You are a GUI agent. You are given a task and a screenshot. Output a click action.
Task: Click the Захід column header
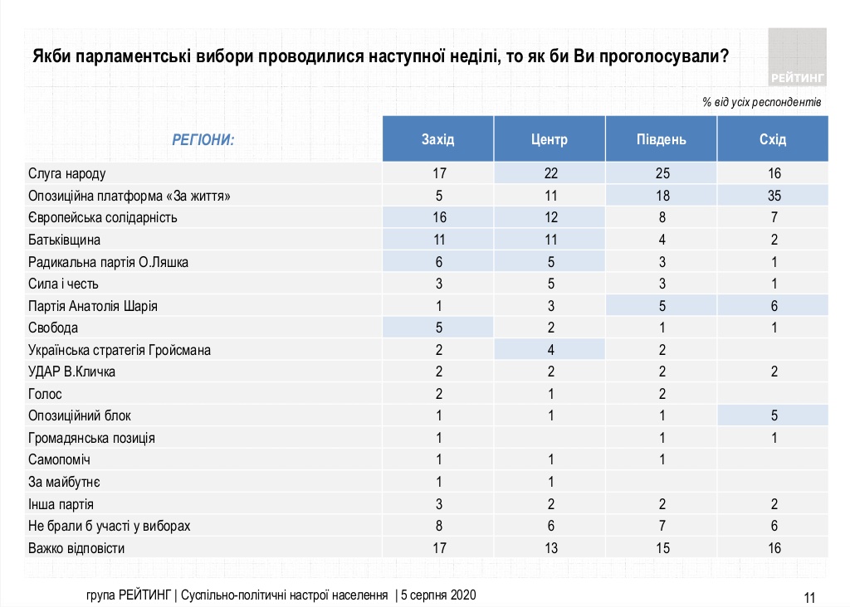point(437,139)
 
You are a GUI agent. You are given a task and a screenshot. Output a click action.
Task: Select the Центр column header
point(549,139)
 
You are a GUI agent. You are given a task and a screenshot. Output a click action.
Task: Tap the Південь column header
point(661,139)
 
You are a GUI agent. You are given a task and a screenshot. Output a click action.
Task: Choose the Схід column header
point(772,139)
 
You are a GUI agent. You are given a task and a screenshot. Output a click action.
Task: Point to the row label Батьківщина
point(65,240)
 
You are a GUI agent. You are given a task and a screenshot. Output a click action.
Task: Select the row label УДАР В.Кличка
point(71,371)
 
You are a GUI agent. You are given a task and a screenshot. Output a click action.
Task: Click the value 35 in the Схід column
point(772,196)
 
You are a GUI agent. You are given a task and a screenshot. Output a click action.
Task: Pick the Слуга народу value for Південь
point(661,174)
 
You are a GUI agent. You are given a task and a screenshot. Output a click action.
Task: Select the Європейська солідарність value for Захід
point(437,218)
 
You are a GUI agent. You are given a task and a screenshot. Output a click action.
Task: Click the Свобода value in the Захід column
point(437,328)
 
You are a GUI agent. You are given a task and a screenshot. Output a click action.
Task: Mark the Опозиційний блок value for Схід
point(772,415)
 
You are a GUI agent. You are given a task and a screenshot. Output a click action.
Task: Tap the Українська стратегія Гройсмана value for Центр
point(549,350)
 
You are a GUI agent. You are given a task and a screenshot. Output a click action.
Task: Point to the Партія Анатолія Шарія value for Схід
point(772,306)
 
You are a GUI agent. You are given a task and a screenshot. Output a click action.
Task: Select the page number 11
point(810,596)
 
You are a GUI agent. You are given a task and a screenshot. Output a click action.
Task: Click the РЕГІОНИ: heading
point(203,139)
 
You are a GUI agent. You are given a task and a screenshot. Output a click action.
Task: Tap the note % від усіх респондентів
point(761,103)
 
